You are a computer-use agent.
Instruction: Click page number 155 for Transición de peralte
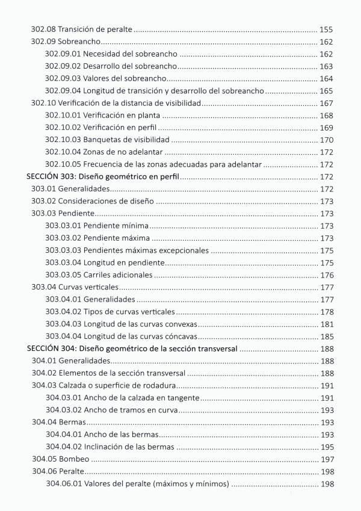(326, 29)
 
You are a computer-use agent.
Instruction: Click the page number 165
(326, 91)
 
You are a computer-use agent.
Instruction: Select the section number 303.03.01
(63, 226)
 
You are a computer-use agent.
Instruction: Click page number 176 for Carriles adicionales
(326, 275)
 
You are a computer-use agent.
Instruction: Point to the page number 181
(326, 324)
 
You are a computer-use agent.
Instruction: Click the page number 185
(326, 336)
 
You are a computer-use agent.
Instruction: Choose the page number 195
(326, 447)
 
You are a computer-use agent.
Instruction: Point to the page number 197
(326, 459)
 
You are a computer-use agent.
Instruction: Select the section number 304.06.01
(63, 484)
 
